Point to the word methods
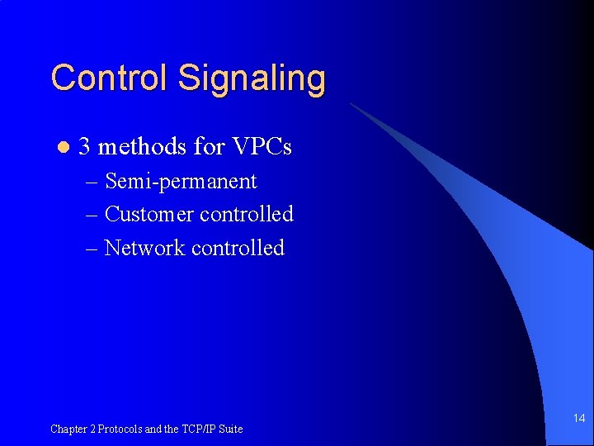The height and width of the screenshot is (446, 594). pyautogui.click(x=141, y=148)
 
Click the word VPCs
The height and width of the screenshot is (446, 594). pyautogui.click(x=261, y=148)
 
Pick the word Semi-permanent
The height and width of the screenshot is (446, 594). pyautogui.click(x=181, y=182)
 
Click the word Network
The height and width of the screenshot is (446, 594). pyautogui.click(x=145, y=248)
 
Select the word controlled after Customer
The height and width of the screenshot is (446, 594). pyautogui.click(x=247, y=215)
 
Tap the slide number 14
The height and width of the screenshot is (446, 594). pyautogui.click(x=579, y=419)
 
